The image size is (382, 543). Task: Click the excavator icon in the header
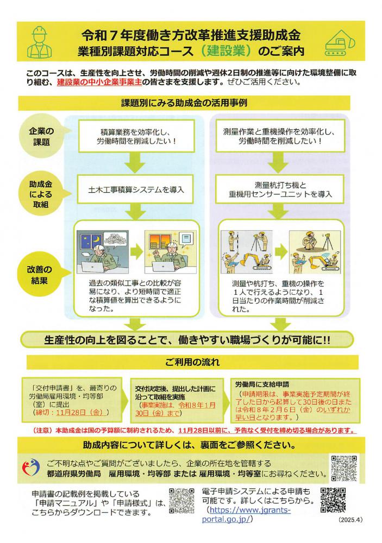(x=340, y=42)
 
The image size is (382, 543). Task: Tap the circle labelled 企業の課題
(x=41, y=136)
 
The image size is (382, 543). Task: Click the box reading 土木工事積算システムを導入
(x=136, y=190)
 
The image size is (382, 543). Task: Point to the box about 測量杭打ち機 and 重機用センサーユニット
(x=280, y=190)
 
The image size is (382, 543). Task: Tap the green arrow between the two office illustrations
(x=136, y=252)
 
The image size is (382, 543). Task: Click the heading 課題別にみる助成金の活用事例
(x=184, y=103)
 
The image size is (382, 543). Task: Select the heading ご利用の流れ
(x=192, y=362)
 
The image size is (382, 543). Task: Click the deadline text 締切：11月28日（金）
(x=71, y=412)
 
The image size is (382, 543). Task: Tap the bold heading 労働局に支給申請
(x=262, y=384)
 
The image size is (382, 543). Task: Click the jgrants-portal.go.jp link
(x=246, y=514)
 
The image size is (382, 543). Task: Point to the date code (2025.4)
(x=350, y=520)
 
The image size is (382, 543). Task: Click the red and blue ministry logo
(x=31, y=468)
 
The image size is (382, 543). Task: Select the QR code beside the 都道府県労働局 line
(x=343, y=468)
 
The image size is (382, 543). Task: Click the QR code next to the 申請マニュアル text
(x=181, y=501)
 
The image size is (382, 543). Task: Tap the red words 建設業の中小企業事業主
(x=99, y=83)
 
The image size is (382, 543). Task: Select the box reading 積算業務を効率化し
(x=136, y=136)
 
